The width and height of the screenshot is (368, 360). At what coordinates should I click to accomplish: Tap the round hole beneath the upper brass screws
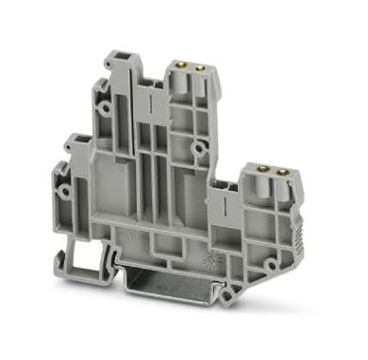(199, 148)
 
